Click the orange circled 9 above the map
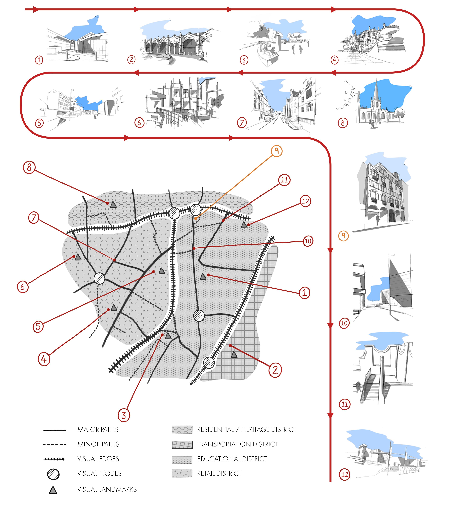(x=276, y=151)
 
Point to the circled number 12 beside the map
(x=306, y=201)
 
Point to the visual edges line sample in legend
(x=54, y=459)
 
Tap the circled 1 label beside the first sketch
(x=39, y=60)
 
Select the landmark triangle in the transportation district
(x=234, y=355)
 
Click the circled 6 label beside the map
(x=23, y=287)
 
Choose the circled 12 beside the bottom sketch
(x=345, y=475)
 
